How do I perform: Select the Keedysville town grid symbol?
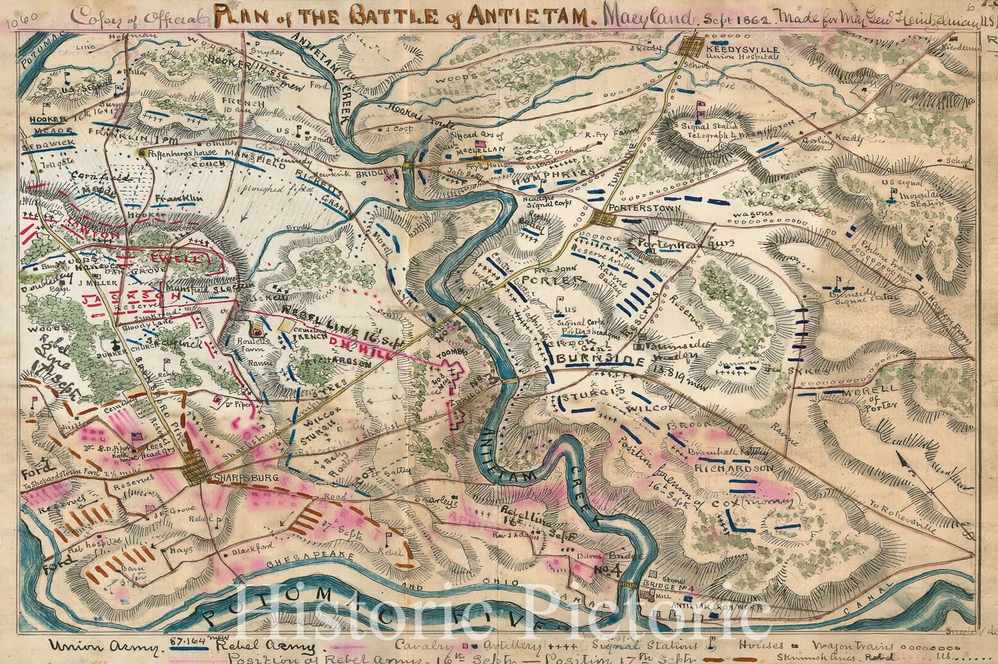tap(693, 46)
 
